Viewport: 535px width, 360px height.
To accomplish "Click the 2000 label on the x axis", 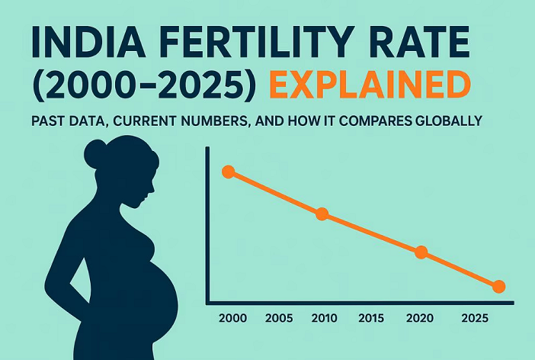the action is point(232,318).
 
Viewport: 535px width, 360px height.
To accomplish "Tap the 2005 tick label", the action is point(279,318).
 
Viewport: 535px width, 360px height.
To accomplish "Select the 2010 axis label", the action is point(324,318).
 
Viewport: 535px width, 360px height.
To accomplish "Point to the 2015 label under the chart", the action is point(371,318).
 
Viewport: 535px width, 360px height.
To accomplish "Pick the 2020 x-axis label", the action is point(420,318).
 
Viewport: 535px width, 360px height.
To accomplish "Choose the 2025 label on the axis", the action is point(475,318).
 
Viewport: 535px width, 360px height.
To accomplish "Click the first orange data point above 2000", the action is point(229,172).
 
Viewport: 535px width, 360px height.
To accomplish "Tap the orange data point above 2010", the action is point(322,214).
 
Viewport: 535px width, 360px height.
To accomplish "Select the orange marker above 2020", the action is point(421,252).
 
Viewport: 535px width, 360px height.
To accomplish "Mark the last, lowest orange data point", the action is point(499,287).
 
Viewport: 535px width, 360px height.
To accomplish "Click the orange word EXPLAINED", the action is point(370,84).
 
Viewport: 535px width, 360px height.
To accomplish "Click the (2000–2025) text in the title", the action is point(143,85).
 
